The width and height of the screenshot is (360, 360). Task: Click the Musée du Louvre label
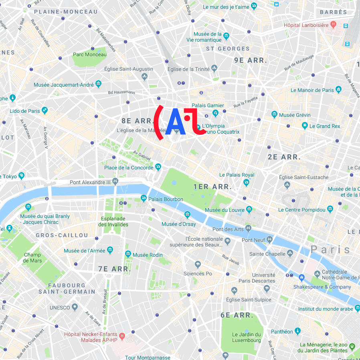225,210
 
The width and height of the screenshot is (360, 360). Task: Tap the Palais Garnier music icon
215,113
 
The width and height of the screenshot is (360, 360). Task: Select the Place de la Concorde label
129,167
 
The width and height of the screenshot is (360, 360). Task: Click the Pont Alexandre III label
90,182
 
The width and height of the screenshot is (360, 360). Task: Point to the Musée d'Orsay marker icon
187,215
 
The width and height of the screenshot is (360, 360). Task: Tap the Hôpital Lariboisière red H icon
333,25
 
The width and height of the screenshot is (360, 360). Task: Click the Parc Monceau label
90,55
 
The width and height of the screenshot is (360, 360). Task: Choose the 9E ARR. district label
251,60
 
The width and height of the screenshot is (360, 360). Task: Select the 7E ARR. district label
114,269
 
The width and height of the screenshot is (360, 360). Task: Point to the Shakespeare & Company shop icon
301,277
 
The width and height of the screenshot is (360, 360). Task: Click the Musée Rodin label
148,255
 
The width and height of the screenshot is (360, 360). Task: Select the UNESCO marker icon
75,308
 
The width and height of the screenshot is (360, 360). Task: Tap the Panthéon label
282,332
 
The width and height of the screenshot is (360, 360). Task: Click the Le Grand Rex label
325,126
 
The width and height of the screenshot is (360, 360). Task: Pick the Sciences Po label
198,274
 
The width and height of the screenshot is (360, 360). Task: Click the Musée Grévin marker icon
274,115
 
